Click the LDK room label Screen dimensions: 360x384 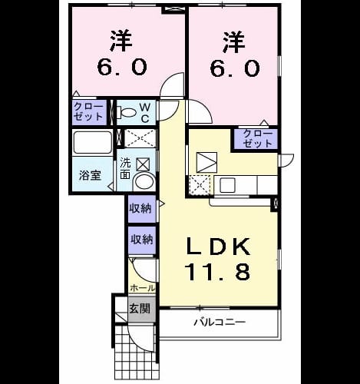(x=219, y=247)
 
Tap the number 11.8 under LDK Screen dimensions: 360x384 (x=219, y=272)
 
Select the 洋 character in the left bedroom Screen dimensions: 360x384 (x=121, y=41)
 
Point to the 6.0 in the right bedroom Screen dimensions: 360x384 (x=235, y=68)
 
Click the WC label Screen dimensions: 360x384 (x=144, y=113)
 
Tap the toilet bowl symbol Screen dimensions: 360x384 (x=129, y=112)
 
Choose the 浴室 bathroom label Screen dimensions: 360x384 (x=90, y=175)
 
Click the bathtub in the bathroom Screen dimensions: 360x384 (x=93, y=143)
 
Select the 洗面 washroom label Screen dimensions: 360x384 (x=125, y=168)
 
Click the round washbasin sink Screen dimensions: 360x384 (x=144, y=181)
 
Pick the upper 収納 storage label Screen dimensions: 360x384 (x=142, y=209)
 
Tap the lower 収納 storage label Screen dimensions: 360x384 (x=142, y=240)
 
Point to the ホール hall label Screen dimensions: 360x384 (x=143, y=288)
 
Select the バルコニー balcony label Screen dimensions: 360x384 (x=220, y=322)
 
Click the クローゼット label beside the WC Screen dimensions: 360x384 (x=88, y=111)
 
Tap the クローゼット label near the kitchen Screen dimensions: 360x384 (x=258, y=138)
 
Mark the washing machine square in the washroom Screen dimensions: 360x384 (x=143, y=164)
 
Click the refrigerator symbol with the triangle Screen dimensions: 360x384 (x=207, y=162)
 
